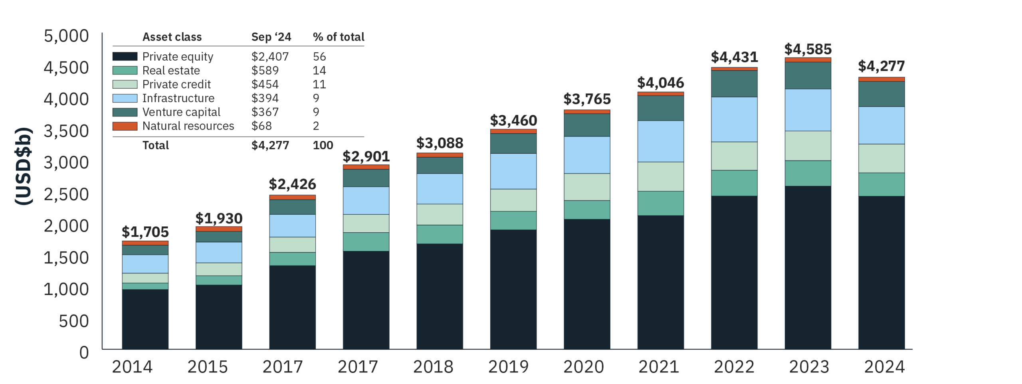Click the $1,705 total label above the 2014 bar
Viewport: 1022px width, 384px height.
point(145,232)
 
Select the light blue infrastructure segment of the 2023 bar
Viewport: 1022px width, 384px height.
point(807,109)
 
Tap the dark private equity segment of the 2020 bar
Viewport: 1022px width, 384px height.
point(586,283)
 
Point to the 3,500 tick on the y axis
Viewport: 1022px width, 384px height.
point(66,131)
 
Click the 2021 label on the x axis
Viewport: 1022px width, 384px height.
point(658,366)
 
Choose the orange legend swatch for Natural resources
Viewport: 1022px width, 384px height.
point(125,126)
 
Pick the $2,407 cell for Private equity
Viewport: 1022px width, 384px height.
point(270,57)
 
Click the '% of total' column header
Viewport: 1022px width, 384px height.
point(338,37)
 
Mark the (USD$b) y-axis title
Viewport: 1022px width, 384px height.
point(23,166)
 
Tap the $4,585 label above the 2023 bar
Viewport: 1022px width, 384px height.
point(808,49)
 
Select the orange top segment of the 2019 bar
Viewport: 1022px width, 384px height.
point(513,131)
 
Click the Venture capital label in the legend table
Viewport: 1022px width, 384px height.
point(181,112)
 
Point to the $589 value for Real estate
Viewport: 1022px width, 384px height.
point(265,71)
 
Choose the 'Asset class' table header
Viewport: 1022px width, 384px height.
point(172,37)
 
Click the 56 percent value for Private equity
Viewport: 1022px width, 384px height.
point(319,57)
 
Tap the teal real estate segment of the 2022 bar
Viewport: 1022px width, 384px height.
point(734,183)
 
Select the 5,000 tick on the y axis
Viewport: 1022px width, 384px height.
point(66,36)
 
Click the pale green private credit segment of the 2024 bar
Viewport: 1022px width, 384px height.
point(881,158)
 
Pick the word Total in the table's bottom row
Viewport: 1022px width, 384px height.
point(156,145)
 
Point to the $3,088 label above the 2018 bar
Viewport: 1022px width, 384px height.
point(440,143)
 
